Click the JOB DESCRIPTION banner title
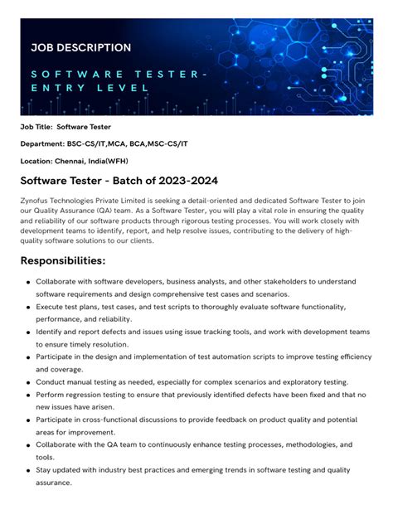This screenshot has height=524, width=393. [81, 48]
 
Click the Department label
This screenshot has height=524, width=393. [42, 143]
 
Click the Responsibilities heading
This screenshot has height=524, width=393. [63, 261]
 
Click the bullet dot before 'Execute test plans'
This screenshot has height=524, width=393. [28, 307]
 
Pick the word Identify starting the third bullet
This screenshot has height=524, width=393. [55, 331]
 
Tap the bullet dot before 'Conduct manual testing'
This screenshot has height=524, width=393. [28, 383]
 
